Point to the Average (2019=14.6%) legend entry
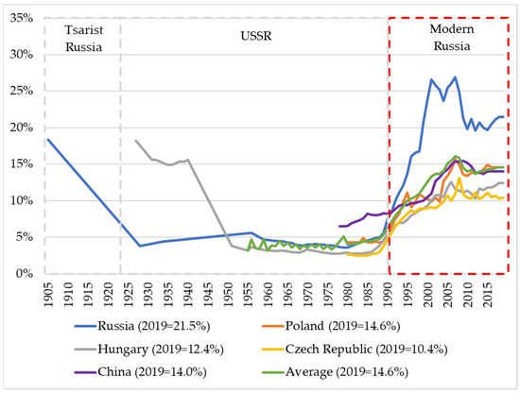point(397,370)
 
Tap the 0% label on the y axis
point(23,274)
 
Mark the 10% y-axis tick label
point(19,200)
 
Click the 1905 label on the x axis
point(47,294)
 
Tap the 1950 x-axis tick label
point(229,294)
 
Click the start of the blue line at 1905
point(46,139)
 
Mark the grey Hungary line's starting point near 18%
point(136,140)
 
